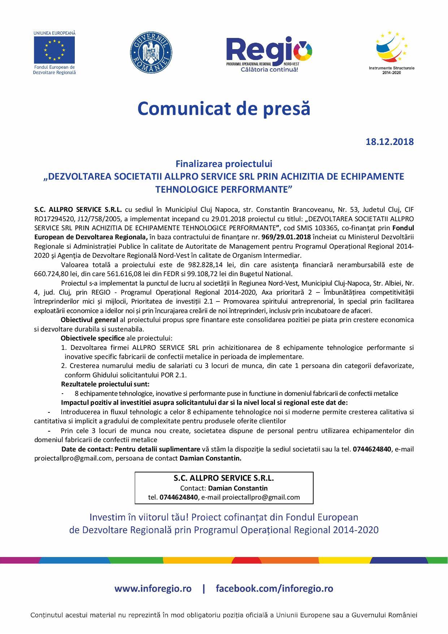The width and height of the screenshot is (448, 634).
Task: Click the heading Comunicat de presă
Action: tap(224, 108)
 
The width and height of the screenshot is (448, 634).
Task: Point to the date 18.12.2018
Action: tap(390, 141)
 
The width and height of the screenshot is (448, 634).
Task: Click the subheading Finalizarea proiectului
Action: tap(224, 164)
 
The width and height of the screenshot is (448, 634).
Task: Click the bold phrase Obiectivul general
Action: tap(89, 320)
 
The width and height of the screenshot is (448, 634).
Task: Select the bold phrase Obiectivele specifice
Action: tap(92, 338)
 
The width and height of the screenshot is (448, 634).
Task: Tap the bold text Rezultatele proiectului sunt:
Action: tap(105, 384)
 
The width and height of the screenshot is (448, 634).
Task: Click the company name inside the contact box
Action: tap(224, 478)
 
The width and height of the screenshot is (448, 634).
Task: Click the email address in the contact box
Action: tap(261, 497)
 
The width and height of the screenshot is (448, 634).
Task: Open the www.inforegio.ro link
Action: tap(153, 588)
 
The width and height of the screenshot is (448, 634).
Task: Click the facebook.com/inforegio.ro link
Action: tap(274, 588)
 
